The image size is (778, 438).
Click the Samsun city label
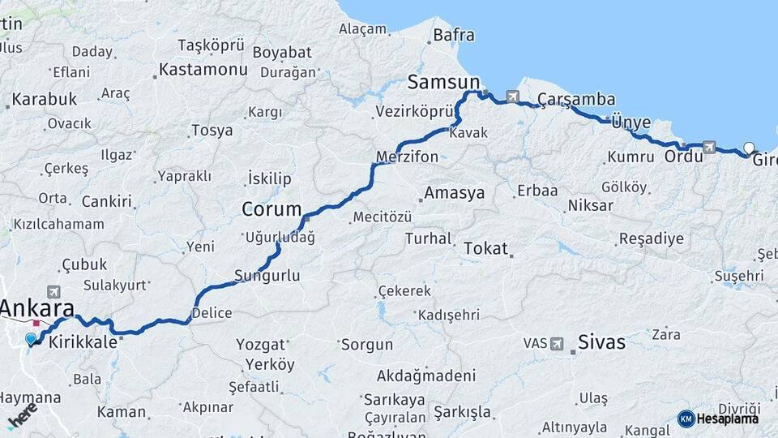coord(443,82)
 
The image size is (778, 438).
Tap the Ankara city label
coord(37,308)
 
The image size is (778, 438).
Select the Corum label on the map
coord(271,209)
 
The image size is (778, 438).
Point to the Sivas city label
coord(602,342)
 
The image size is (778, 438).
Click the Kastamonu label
coord(203,70)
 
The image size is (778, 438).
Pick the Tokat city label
coord(485,249)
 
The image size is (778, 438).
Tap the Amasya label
coord(455,193)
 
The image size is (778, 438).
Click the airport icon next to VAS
coord(558,344)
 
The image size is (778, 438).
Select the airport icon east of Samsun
coord(512,97)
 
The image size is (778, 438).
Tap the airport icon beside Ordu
coord(710,147)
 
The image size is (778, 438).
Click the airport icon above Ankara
coord(53,291)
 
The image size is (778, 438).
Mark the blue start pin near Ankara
coord(31,339)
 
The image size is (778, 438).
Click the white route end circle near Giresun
coord(749,148)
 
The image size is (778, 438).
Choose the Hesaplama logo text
coord(727,419)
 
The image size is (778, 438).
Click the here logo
coord(22,414)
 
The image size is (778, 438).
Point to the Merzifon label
coord(407,157)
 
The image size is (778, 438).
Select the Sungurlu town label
coord(267,276)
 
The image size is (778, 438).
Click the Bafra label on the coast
coord(454,35)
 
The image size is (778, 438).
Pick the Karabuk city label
coord(45,99)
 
